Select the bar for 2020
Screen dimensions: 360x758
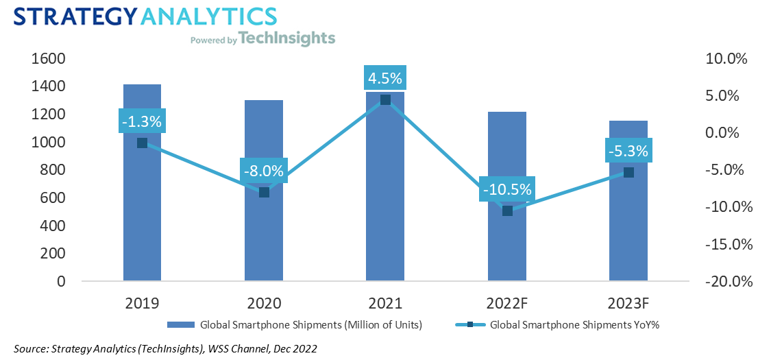point(264,233)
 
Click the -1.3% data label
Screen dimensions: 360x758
point(142,122)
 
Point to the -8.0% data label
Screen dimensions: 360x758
point(263,171)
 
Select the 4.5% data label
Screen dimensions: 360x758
point(385,77)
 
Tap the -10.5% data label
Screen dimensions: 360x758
point(506,189)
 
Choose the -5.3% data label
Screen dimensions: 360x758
point(628,150)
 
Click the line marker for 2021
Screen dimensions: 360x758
point(385,100)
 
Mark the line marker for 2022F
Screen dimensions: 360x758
point(507,211)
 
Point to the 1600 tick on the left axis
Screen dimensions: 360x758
point(48,58)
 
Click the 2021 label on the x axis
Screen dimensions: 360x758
point(385,302)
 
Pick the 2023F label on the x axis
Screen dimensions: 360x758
point(628,302)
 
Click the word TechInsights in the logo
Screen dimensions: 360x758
point(288,38)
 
